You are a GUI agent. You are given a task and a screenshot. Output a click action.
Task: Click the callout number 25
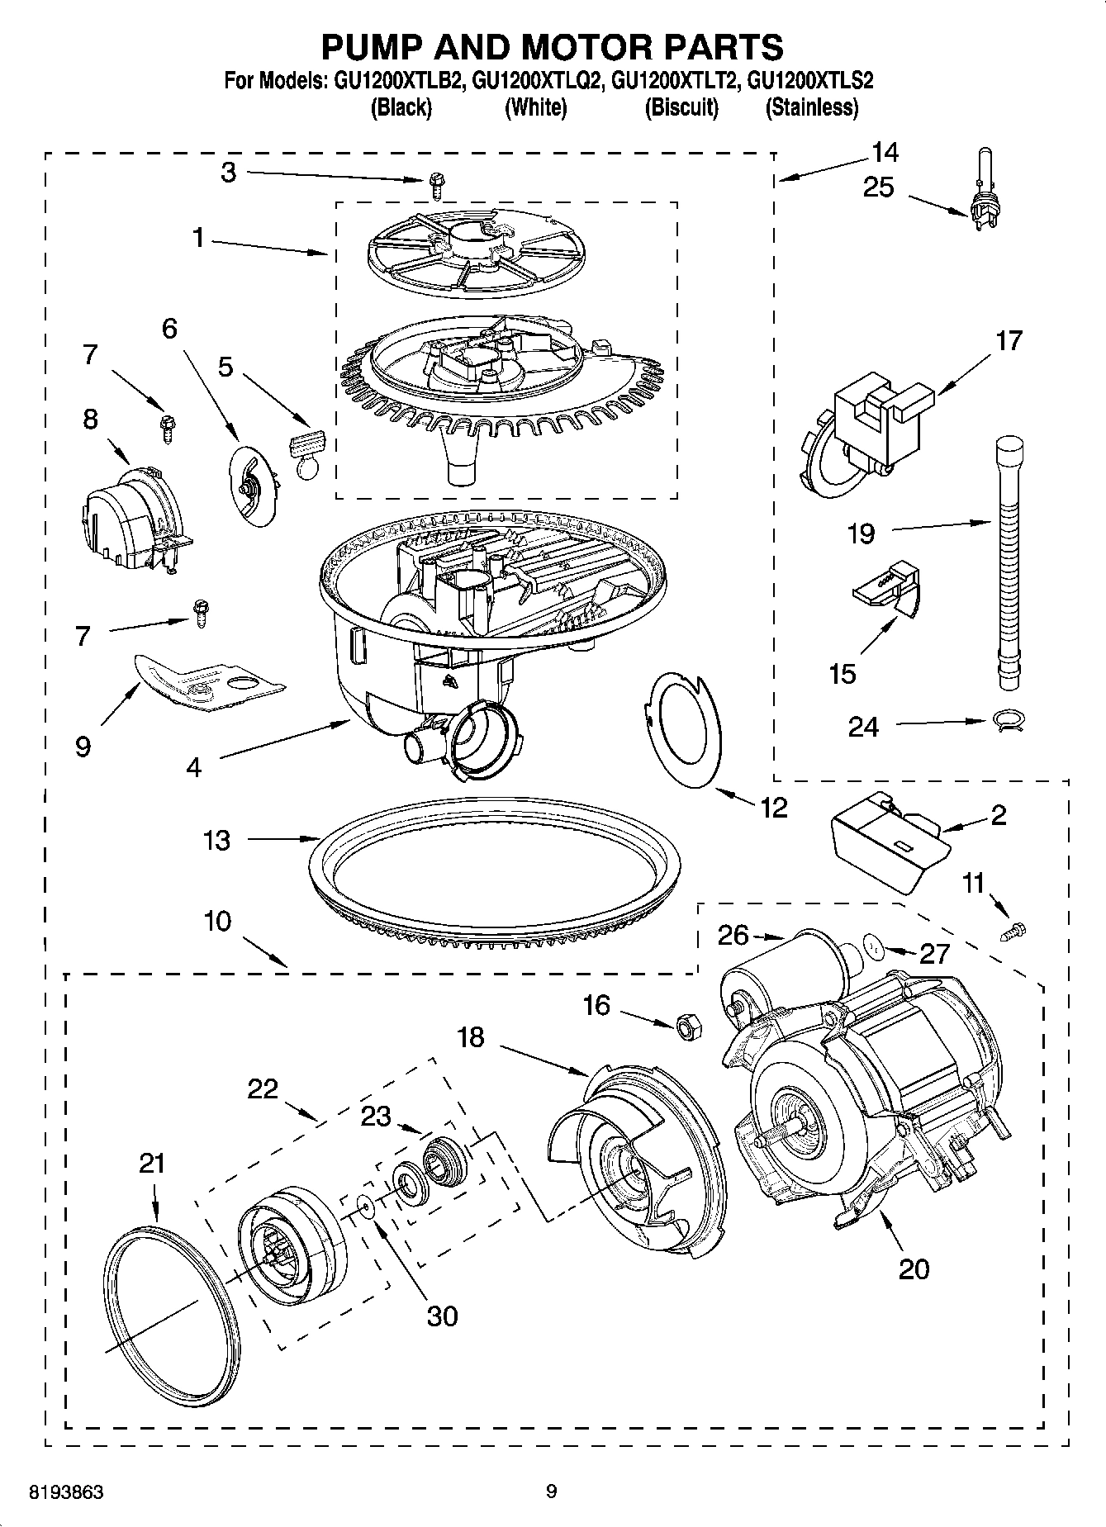[878, 187]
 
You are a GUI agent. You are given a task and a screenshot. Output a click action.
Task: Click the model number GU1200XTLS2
[810, 81]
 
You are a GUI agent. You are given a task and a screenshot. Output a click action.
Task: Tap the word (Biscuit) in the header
[681, 107]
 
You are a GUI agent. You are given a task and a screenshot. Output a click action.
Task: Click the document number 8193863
[66, 1492]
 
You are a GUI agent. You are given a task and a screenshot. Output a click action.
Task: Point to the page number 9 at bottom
[551, 1491]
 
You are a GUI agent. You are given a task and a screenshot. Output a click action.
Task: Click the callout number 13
[216, 840]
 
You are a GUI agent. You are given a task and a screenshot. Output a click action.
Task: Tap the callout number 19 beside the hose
[862, 534]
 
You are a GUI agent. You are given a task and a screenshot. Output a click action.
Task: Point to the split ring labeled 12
[684, 731]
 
